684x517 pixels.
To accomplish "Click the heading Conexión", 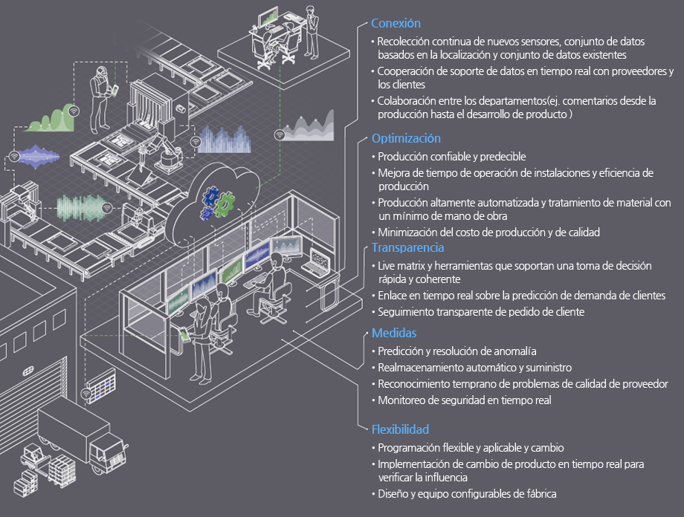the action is pyautogui.click(x=396, y=23).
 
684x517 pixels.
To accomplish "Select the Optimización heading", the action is pyautogui.click(x=406, y=139).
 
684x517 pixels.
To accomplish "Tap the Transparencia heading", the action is pyautogui.click(x=408, y=247).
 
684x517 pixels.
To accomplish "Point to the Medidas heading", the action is pyautogui.click(x=394, y=333).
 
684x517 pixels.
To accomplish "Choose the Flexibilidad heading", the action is pyautogui.click(x=401, y=429).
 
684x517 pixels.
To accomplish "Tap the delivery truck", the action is pyautogui.click(x=83, y=440).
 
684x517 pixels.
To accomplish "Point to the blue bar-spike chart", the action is pyautogui.click(x=225, y=140).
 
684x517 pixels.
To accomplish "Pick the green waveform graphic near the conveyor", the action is pyautogui.click(x=81, y=207).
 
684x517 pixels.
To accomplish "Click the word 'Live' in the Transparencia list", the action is pyautogui.click(x=386, y=266).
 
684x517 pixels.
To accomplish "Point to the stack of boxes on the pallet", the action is pyautogui.click(x=61, y=471).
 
